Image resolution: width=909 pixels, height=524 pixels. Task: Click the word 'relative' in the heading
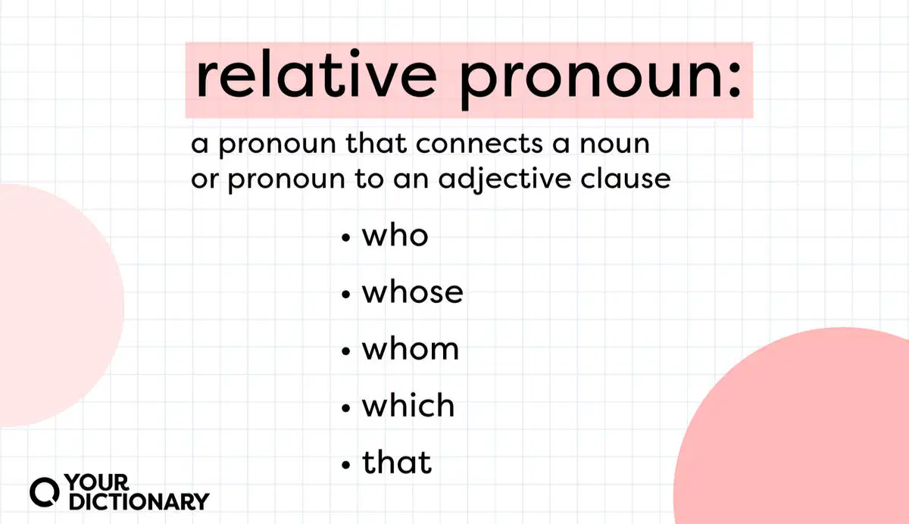click(317, 74)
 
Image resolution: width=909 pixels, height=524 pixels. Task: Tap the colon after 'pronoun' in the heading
click(734, 80)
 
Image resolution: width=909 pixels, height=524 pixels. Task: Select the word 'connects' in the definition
click(479, 144)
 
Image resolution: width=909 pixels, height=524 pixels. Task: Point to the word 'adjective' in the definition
click(504, 180)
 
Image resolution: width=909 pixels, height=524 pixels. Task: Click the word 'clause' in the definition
click(626, 179)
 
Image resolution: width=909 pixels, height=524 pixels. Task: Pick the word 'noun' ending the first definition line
click(615, 145)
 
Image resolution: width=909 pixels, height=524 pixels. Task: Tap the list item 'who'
click(395, 235)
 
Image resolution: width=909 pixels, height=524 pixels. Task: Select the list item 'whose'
click(412, 292)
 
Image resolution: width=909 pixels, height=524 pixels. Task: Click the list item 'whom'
click(411, 349)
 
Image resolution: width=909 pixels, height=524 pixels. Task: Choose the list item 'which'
click(408, 406)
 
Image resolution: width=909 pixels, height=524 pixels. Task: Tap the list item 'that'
click(397, 463)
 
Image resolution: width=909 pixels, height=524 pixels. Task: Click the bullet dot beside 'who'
click(345, 238)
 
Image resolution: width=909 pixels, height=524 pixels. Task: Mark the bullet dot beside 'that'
click(345, 465)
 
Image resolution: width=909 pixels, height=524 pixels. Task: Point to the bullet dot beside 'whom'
click(345, 351)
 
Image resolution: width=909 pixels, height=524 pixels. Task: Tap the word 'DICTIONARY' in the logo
click(139, 502)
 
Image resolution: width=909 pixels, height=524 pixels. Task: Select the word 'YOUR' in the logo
click(97, 482)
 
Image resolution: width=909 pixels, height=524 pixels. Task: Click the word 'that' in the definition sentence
click(376, 144)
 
